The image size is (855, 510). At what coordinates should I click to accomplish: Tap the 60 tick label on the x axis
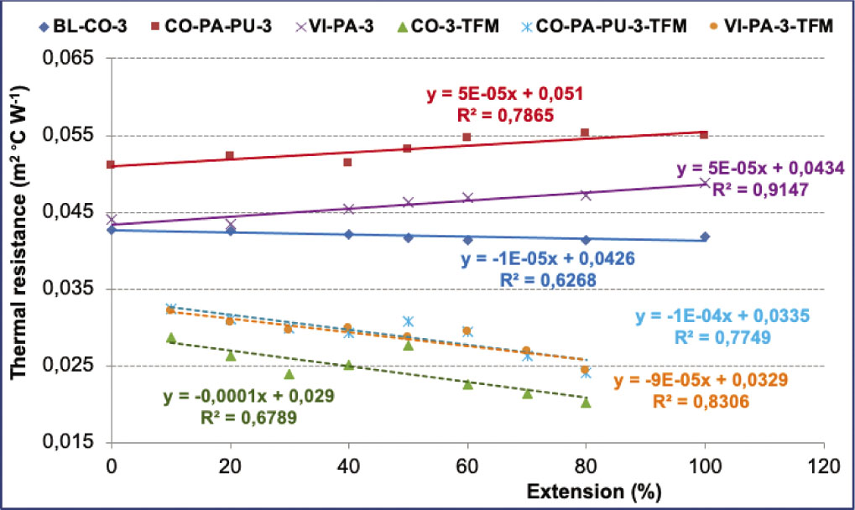tap(467, 465)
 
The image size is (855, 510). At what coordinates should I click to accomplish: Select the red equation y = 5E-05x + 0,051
tap(503, 93)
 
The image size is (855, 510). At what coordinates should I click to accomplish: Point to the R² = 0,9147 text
tap(759, 190)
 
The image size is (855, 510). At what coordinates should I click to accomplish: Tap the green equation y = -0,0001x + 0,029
tap(243, 395)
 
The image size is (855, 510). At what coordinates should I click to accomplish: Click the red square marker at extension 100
tap(704, 135)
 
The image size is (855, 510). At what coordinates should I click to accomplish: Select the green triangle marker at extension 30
tap(289, 374)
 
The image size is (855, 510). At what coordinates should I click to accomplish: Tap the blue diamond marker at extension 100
tap(705, 237)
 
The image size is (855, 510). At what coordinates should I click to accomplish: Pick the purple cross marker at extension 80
tap(586, 195)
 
